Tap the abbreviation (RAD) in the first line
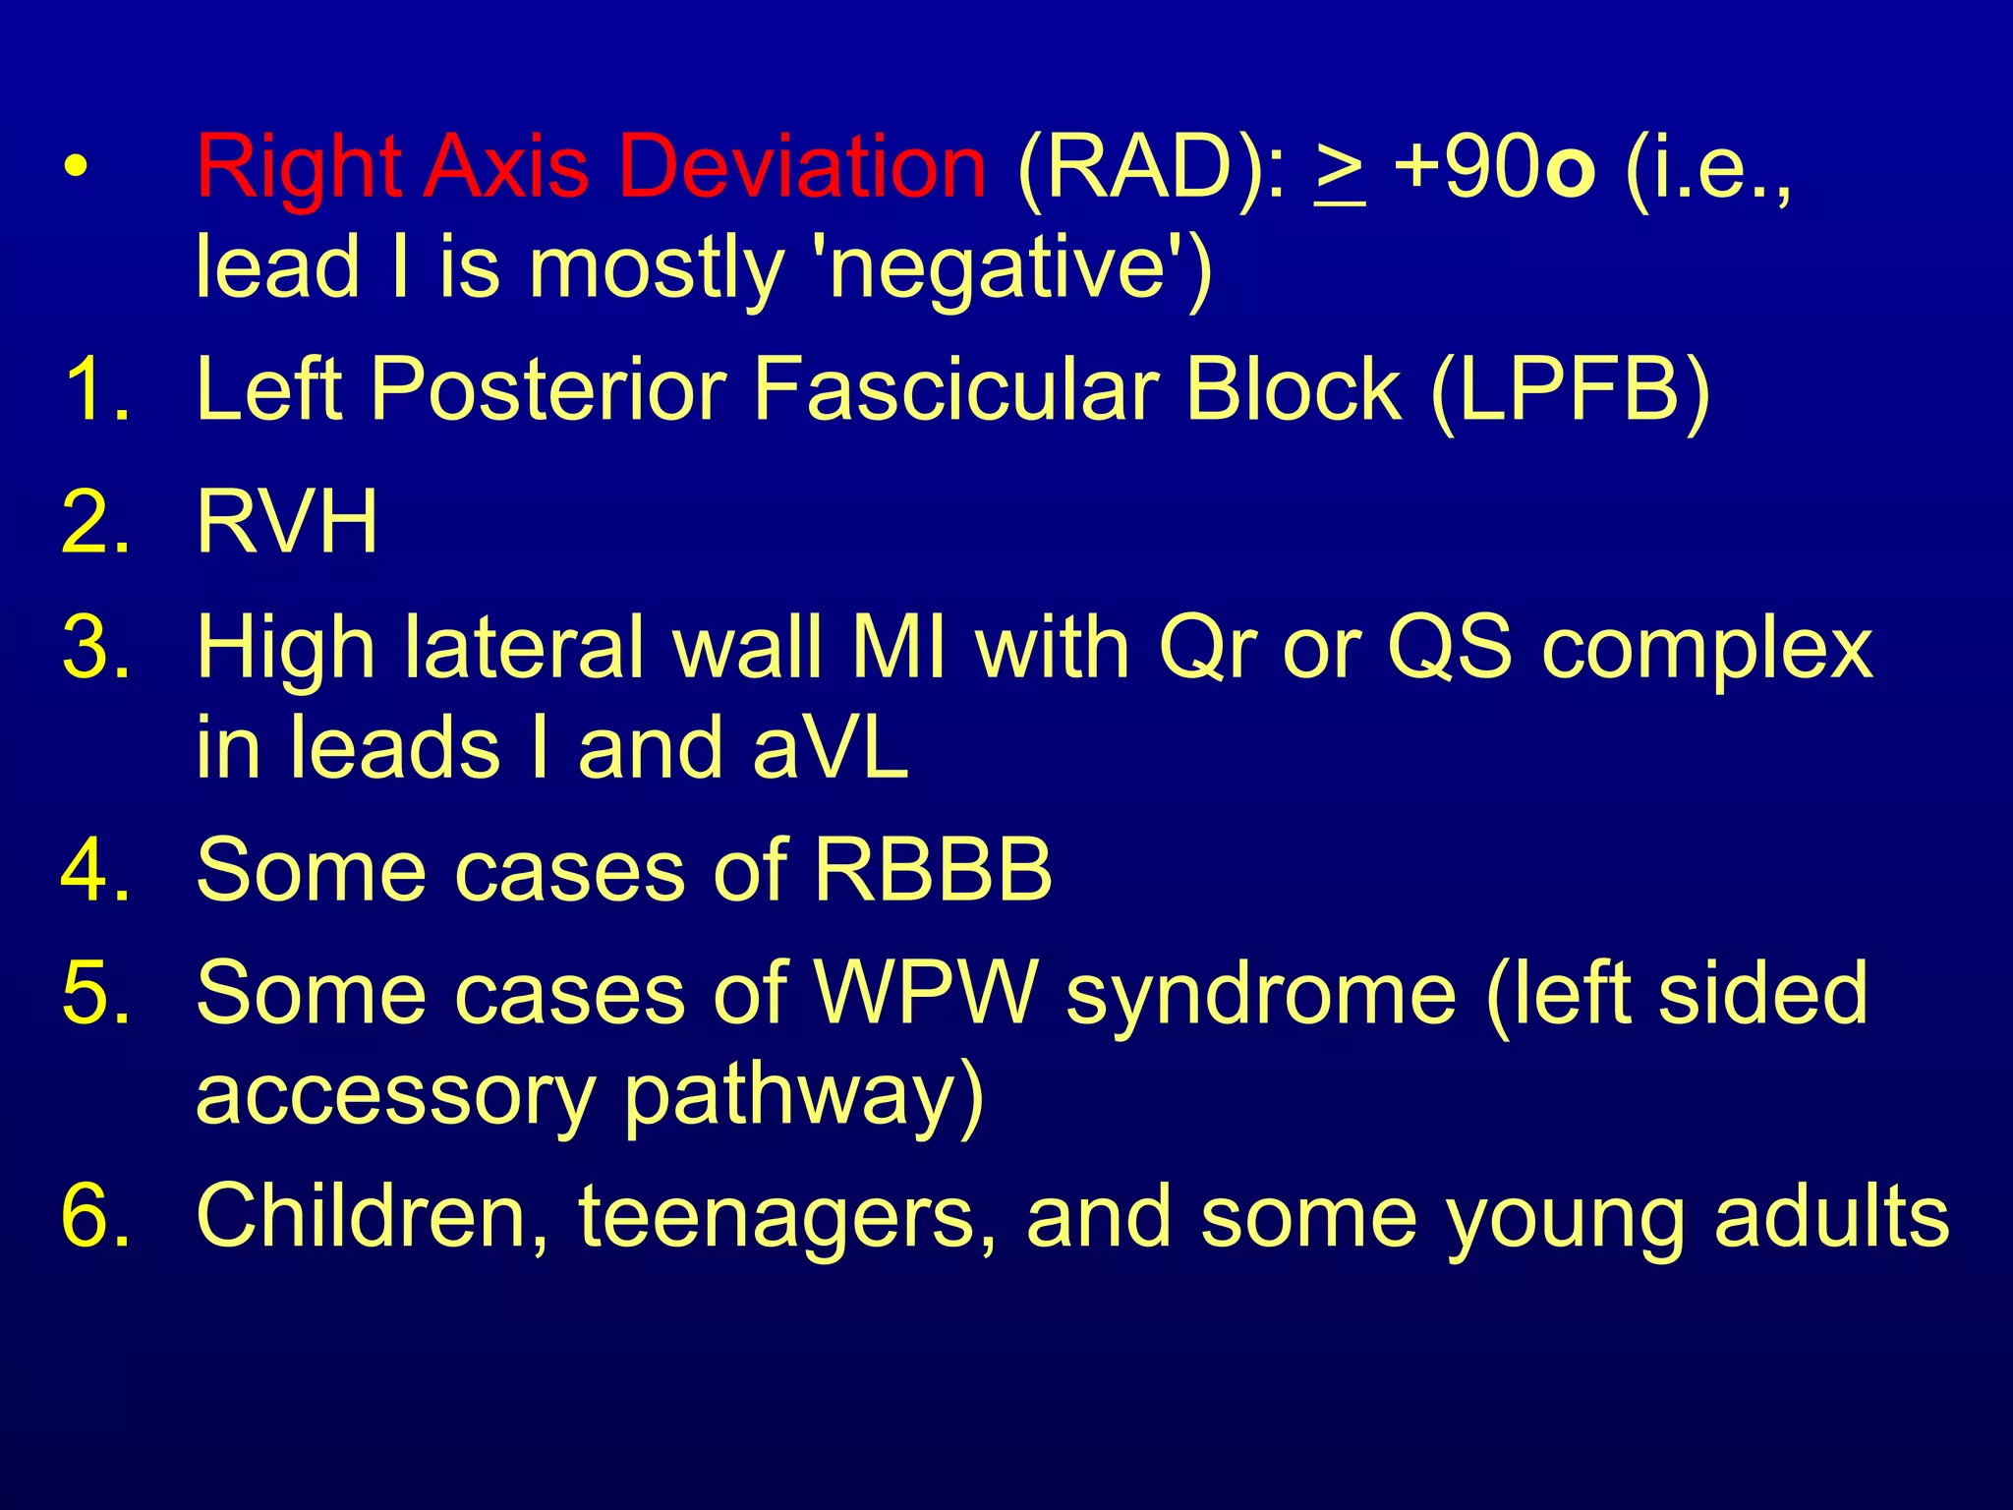tap(1150, 166)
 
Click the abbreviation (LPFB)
tap(1570, 390)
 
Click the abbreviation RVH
tap(286, 522)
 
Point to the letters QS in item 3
tap(1449, 649)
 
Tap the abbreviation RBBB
tap(933, 869)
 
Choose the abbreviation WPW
tap(926, 992)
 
